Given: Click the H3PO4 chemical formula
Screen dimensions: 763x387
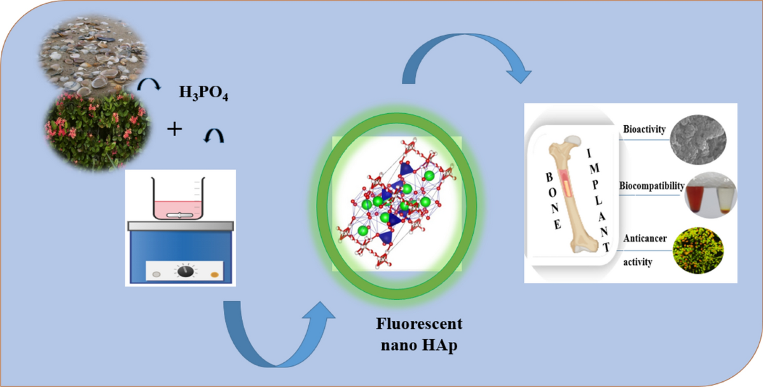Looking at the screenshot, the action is click(203, 93).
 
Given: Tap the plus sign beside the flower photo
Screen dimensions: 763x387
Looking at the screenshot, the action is click(174, 130).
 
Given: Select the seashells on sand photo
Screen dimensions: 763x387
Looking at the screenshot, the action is click(93, 55).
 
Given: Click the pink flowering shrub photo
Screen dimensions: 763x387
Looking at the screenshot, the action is click(97, 131).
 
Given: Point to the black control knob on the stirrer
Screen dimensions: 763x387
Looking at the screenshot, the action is click(186, 271).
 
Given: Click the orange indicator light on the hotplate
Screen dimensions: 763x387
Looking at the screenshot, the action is click(215, 275).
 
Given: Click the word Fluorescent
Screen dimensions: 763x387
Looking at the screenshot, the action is click(419, 323).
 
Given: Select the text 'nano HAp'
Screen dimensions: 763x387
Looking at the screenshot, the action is click(419, 345).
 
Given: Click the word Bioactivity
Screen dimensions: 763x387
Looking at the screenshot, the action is click(644, 130).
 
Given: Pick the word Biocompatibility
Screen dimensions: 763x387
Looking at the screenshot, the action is click(652, 186).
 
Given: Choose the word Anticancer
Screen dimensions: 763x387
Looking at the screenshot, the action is click(645, 238).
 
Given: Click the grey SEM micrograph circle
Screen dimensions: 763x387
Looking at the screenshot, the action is click(698, 140).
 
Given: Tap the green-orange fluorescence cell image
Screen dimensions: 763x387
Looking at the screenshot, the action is click(698, 250).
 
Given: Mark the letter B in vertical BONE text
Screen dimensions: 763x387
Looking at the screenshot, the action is click(549, 177).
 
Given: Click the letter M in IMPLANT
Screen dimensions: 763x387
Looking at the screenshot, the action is click(595, 168).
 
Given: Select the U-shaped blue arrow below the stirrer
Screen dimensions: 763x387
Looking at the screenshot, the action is click(277, 361).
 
